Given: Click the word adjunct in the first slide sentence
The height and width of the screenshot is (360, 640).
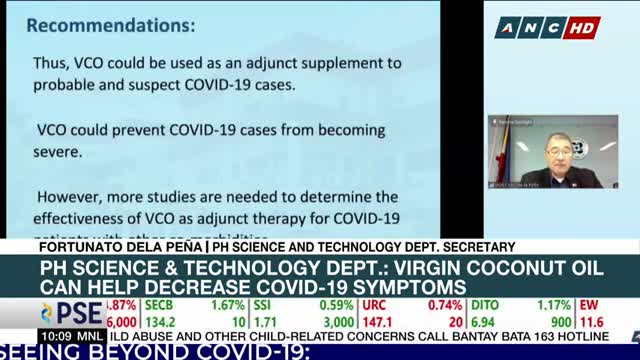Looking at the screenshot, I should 259,63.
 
